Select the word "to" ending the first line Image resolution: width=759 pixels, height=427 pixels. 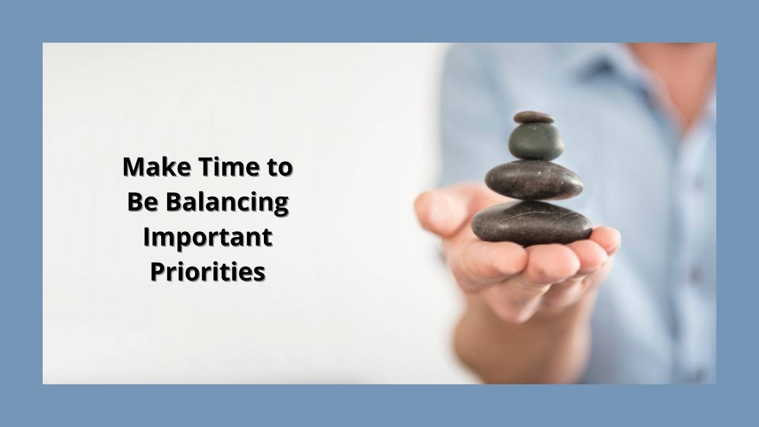coord(278,168)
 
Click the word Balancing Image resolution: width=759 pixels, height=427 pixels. coord(227,203)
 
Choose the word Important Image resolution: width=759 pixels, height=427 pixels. coord(208,238)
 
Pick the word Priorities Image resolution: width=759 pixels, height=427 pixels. coord(208,272)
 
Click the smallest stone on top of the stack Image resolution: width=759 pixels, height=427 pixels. coord(534,117)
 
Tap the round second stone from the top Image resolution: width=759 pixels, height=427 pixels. coord(536,142)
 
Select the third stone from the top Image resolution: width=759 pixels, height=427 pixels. coord(534,179)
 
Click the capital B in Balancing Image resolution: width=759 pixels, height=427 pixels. coord(173,202)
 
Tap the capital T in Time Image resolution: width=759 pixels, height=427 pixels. coord(203,167)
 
